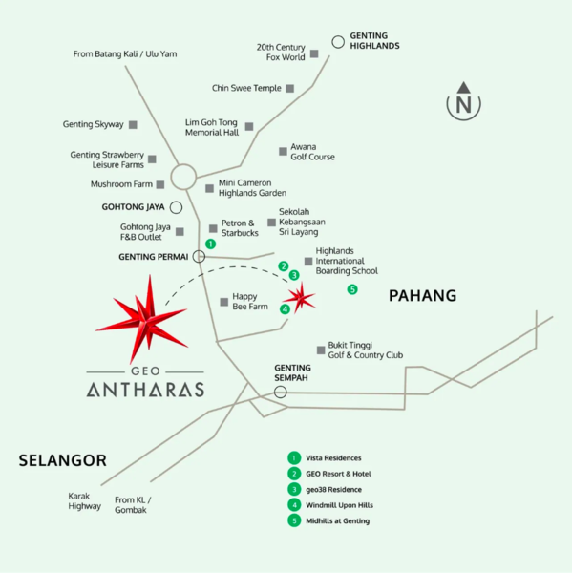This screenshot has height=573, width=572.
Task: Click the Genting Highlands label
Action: click(374, 40)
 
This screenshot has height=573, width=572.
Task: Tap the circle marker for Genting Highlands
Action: click(338, 41)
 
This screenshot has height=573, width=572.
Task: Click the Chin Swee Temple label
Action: click(246, 89)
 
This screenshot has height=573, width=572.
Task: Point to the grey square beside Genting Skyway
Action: click(133, 125)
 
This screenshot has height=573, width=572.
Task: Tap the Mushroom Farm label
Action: click(121, 184)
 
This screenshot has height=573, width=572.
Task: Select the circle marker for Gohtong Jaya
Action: click(177, 206)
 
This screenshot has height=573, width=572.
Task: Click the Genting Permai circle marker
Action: click(199, 256)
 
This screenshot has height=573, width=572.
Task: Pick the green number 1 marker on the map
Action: click(210, 244)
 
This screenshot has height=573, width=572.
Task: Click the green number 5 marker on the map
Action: click(352, 289)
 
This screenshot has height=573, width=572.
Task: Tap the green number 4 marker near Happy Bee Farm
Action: click(285, 308)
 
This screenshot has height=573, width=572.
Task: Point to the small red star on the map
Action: click(302, 299)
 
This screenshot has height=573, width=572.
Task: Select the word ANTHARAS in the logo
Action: click(145, 390)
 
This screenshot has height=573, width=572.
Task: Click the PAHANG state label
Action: click(422, 296)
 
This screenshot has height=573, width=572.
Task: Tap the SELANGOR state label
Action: click(62, 460)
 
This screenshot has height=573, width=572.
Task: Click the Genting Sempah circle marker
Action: click(280, 392)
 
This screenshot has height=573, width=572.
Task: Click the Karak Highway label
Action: click(84, 501)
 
